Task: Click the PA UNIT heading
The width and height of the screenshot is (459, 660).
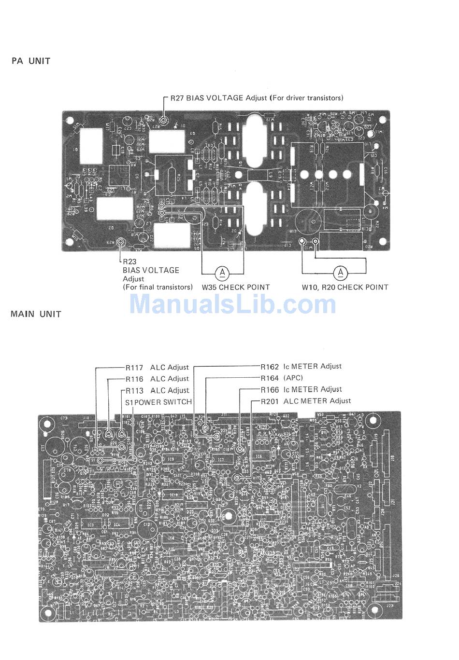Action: coord(31,61)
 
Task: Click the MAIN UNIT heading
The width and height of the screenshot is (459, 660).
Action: coord(36,314)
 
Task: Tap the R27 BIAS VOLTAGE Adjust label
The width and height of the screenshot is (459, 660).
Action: coord(257,98)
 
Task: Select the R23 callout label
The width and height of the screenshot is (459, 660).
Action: coord(129,261)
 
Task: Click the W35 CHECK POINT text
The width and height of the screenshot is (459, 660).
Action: coord(236,287)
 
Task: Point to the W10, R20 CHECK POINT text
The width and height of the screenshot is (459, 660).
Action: coord(345,287)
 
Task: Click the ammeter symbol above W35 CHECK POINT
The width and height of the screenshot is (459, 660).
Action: coord(222,273)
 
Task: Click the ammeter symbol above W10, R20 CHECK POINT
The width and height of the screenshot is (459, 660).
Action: coord(341,273)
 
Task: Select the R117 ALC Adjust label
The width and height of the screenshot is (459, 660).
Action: coord(157,368)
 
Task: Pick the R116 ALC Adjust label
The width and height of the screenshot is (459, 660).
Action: coord(157,379)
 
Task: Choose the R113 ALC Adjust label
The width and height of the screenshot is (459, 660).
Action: coord(157,391)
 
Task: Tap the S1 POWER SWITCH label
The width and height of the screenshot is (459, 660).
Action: coord(158,402)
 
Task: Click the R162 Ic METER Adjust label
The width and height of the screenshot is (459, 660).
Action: coord(301,367)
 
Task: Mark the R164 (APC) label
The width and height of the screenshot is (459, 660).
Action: coord(282,378)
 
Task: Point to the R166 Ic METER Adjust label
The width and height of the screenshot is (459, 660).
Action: coord(301,390)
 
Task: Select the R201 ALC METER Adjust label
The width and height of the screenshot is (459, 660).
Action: coord(306,401)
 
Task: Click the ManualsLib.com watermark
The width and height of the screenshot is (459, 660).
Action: coord(233,304)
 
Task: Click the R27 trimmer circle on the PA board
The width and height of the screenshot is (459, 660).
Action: coord(164,120)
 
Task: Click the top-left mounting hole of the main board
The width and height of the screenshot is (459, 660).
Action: coord(47,425)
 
